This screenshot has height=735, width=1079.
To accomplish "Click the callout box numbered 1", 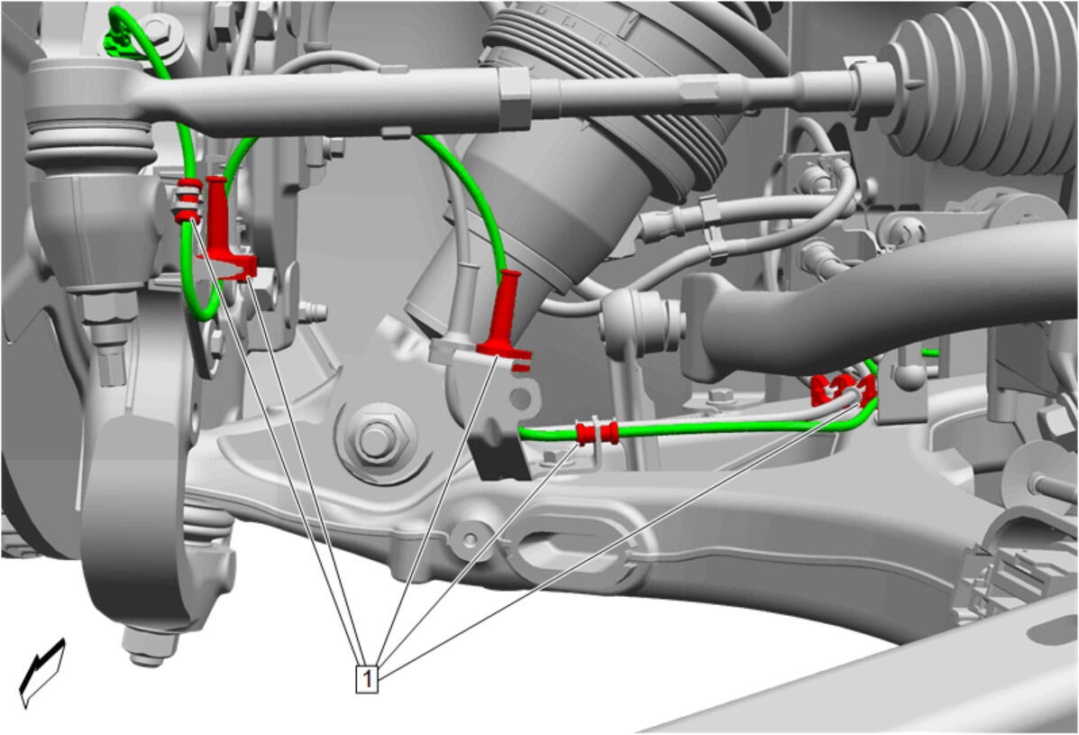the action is (x=367, y=678).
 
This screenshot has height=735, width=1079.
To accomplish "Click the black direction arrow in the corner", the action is (x=42, y=673).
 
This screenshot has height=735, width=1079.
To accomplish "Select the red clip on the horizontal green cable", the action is (x=597, y=433).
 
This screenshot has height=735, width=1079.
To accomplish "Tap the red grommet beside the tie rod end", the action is (x=188, y=200).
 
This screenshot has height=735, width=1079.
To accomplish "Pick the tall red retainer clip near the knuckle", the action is (x=224, y=227).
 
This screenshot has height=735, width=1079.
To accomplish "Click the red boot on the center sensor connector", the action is (x=507, y=317).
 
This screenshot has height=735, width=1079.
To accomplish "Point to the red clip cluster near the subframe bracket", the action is (x=842, y=390).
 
